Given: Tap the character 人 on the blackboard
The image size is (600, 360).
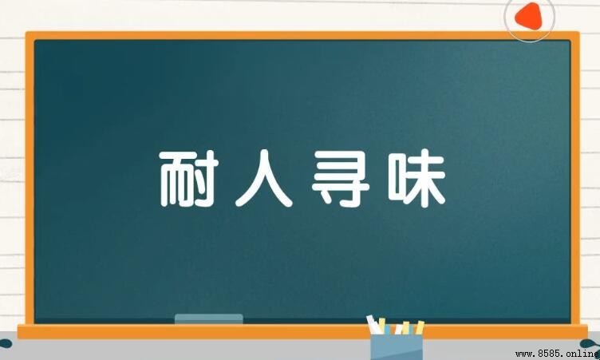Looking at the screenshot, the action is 264,178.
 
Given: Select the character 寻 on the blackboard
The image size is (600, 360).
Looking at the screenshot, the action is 341,178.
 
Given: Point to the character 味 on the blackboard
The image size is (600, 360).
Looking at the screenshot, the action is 416,178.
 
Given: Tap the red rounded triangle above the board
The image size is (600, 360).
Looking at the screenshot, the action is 529,17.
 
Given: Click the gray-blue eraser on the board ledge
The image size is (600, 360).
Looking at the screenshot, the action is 208,319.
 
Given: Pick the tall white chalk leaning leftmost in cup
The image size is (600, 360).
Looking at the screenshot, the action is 373,324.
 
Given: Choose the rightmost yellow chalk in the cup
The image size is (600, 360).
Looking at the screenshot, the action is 420,327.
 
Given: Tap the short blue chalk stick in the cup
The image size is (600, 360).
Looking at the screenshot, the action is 388,330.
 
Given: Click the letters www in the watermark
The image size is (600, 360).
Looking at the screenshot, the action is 524,354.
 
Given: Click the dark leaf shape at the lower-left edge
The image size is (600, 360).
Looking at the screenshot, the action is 6,343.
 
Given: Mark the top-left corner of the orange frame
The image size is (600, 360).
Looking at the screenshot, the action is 26,32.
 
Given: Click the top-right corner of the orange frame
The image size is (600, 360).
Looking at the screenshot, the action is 579,33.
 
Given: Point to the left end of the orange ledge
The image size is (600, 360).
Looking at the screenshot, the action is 18,331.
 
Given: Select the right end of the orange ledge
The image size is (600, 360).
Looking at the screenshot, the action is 587,331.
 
